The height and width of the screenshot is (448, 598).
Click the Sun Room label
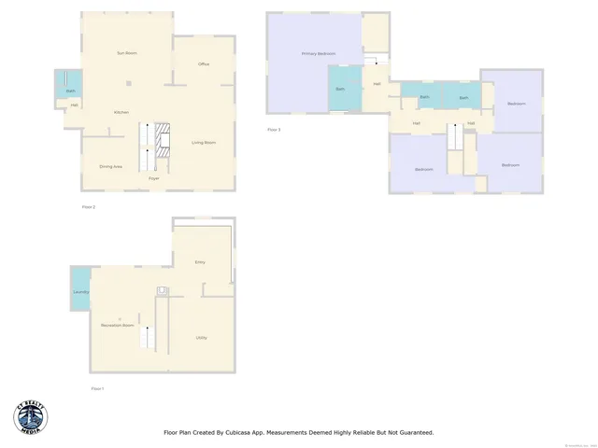(x=126, y=52)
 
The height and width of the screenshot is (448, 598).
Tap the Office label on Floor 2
(x=204, y=63)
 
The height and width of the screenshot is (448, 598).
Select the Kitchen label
(x=121, y=112)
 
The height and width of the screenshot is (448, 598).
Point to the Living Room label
(x=204, y=142)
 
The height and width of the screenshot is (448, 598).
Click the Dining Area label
(x=111, y=166)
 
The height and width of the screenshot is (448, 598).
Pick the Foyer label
(x=153, y=177)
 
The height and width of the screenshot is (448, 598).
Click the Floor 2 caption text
(x=88, y=205)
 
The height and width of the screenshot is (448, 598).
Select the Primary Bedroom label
(x=318, y=54)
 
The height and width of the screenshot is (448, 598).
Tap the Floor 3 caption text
(x=274, y=129)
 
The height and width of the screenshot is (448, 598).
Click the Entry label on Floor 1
(x=200, y=262)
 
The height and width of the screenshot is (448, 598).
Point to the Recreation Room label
(x=117, y=325)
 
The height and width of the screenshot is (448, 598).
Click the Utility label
(x=201, y=337)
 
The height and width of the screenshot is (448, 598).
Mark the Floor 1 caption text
(x=97, y=387)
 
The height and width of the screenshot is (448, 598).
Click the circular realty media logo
(x=31, y=417)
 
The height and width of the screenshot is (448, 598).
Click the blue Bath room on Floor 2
(x=71, y=91)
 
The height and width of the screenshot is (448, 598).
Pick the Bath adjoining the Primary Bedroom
(x=340, y=89)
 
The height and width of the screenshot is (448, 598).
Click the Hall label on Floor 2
(x=74, y=105)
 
